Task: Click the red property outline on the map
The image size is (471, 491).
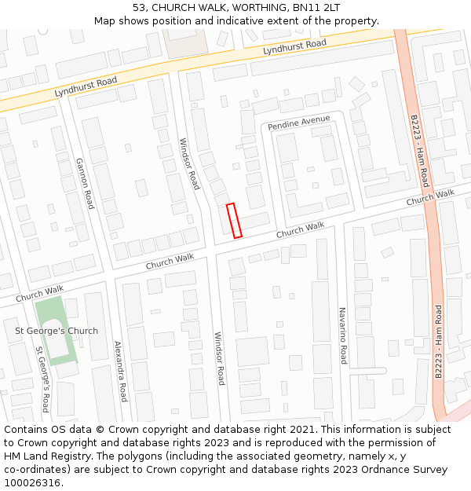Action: (234, 220)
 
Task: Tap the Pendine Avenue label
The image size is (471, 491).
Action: (298, 123)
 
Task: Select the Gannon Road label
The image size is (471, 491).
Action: (84, 183)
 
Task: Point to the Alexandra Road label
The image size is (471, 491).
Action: (120, 371)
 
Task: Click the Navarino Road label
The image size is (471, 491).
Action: (342, 335)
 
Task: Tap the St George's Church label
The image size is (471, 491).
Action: (57, 331)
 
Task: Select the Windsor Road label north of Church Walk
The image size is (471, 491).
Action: (189, 163)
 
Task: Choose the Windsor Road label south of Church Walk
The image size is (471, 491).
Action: (221, 358)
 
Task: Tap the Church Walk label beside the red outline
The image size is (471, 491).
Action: (300, 230)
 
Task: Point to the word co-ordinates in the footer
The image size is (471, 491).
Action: (34, 470)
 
